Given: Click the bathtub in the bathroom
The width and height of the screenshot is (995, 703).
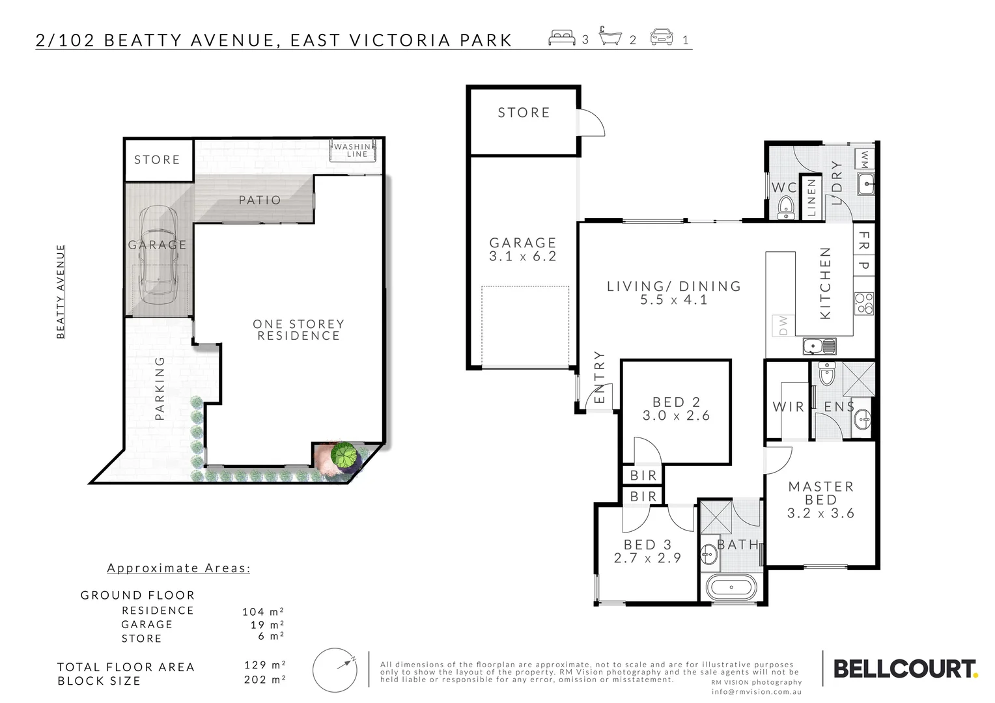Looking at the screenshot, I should (731, 588).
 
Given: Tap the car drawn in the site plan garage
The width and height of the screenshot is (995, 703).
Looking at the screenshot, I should (157, 254).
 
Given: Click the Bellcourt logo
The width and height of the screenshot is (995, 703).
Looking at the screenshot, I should (905, 669).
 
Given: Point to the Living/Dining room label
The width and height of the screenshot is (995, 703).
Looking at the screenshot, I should (674, 286).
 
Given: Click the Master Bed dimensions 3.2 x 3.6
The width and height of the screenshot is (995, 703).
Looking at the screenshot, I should (820, 514).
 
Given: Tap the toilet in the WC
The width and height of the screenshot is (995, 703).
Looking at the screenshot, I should (786, 208).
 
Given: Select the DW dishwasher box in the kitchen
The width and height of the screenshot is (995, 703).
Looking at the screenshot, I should (783, 324).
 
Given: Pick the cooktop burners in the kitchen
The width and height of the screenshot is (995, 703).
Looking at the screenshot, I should (864, 303).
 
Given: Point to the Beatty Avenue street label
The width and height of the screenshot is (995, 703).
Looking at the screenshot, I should (61, 292).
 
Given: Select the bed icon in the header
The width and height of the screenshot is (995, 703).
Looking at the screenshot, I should (562, 38).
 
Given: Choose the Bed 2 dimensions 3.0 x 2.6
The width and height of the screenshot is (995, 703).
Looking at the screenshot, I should (676, 416).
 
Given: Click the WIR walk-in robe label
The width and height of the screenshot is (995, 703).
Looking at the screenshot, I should (788, 407).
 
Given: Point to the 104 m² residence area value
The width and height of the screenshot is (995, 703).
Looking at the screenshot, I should (263, 612).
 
